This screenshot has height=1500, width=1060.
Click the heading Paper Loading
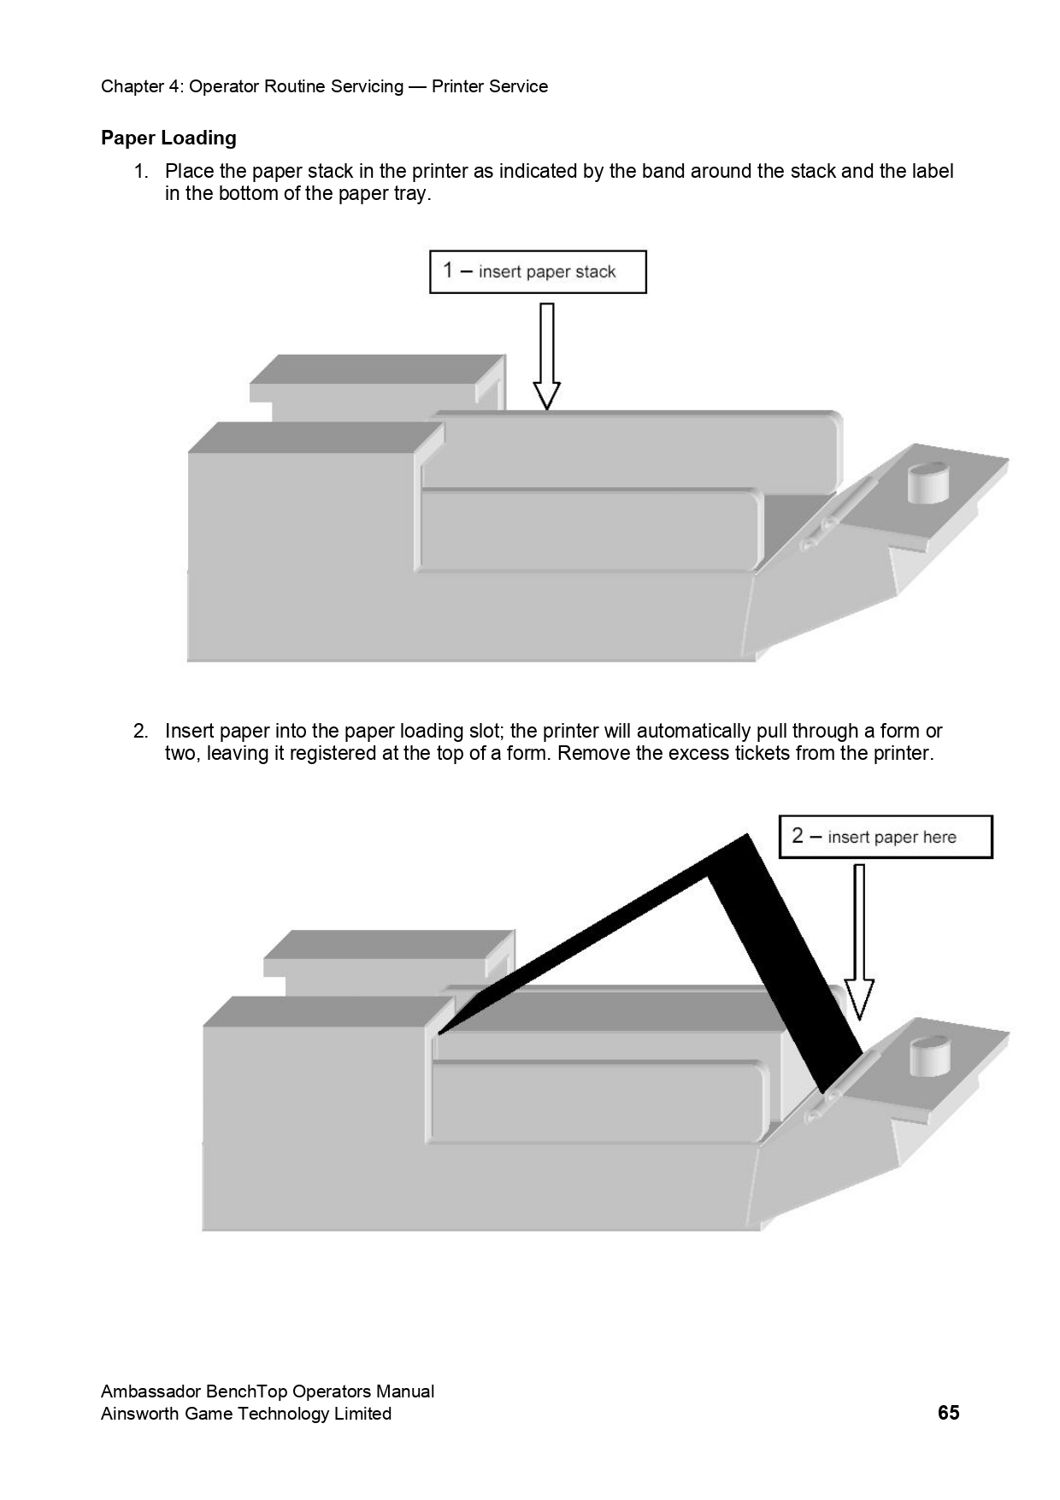click(x=168, y=138)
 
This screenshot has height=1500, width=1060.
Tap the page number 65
click(x=948, y=1413)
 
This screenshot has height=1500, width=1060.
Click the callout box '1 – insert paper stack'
click(x=538, y=272)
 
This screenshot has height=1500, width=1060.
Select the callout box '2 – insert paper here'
click(x=886, y=837)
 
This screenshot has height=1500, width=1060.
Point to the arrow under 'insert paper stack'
click(x=547, y=356)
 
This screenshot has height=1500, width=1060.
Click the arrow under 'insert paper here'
click(x=859, y=940)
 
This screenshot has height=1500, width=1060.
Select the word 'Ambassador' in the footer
click(x=150, y=1391)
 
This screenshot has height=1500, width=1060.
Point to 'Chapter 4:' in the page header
click(x=141, y=86)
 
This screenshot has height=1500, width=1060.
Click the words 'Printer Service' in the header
click(x=490, y=86)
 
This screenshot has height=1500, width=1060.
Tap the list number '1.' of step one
click(x=142, y=172)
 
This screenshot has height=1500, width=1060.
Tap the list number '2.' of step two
click(x=142, y=732)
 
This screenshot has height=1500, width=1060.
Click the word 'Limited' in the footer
click(x=362, y=1414)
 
